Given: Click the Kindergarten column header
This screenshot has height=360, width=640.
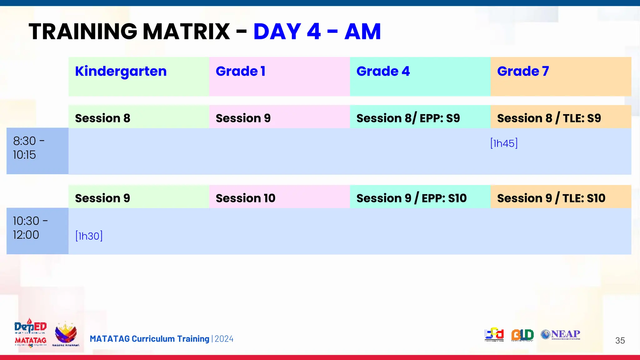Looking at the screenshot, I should pos(121,72).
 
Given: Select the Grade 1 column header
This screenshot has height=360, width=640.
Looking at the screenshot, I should pos(240,72).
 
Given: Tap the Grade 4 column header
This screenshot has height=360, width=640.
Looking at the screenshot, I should pos(383,72).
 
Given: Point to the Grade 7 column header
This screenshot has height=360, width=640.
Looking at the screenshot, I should pos(523,72).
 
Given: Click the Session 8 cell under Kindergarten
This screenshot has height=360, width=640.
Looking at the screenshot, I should pos(103,118).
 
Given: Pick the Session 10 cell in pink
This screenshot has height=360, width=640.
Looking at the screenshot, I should pos(245,198).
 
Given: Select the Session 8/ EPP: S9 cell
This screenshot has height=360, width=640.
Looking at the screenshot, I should pos(408,118).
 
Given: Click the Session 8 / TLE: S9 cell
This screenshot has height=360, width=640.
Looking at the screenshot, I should pos(549,118).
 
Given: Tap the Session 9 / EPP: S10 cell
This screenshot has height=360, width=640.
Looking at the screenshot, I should pos(411,198).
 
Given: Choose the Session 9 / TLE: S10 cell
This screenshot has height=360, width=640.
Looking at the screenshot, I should pos(551,198).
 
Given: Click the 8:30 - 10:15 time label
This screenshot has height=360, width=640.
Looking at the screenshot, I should pos(29,148).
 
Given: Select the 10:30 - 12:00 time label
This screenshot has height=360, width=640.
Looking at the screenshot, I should pos(30,228).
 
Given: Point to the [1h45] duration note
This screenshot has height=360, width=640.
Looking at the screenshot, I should pos(504,143).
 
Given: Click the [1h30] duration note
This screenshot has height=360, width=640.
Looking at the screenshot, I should pos(89,236).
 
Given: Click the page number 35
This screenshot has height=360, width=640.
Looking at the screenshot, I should pos(620,340).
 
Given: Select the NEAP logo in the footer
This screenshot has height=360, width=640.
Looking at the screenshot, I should pos(561,334).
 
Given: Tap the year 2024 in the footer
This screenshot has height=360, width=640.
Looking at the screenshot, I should pos(224,339).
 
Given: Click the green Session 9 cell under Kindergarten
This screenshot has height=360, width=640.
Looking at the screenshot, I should pos(103,198).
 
